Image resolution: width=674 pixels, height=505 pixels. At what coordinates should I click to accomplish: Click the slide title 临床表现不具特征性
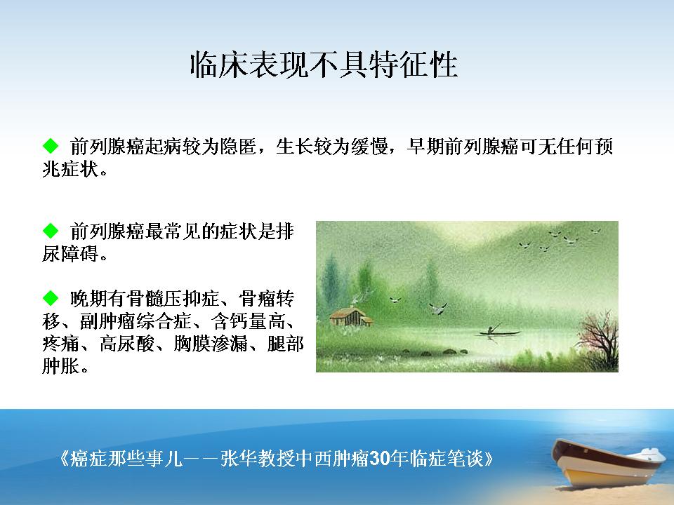point(324,65)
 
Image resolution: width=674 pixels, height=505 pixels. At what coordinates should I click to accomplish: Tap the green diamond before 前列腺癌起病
point(51,146)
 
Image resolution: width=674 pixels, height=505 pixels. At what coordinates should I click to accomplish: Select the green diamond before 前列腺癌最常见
point(51,231)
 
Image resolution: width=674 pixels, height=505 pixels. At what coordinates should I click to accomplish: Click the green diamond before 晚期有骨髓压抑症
point(51,297)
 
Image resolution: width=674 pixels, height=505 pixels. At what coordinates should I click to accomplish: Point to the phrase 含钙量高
point(248,321)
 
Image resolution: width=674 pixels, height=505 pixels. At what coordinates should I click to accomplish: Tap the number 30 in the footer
point(380,459)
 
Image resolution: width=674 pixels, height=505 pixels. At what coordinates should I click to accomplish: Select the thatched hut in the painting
point(351,317)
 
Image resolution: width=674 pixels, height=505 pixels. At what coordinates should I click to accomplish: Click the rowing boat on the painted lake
point(498,331)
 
